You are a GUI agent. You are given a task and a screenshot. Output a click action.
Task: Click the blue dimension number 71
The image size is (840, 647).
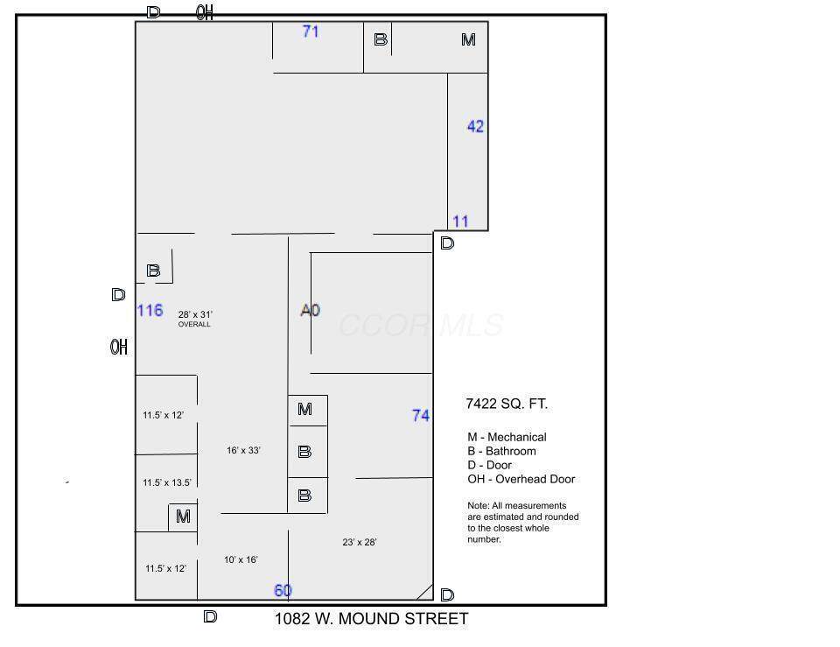click(x=311, y=32)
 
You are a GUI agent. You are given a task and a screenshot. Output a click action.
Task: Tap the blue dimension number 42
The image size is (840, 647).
click(x=475, y=126)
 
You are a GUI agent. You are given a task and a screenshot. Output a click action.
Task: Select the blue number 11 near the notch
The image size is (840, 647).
click(x=460, y=222)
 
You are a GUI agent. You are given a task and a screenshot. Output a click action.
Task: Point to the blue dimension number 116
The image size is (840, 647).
click(x=150, y=310)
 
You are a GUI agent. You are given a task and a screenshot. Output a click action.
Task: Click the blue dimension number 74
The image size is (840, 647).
click(x=421, y=416)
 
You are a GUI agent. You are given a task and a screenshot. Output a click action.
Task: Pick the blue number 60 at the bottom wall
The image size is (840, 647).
click(x=283, y=590)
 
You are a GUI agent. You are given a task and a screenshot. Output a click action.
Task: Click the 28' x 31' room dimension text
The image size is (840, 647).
click(x=195, y=314)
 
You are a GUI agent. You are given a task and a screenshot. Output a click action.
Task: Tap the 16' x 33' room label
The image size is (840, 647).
click(x=243, y=450)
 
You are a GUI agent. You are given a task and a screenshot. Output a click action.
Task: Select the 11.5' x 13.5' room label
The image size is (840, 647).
click(x=166, y=482)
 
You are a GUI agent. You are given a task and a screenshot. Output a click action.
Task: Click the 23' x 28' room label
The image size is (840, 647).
click(x=360, y=542)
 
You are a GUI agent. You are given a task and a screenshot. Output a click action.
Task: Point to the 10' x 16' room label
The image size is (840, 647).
click(x=241, y=559)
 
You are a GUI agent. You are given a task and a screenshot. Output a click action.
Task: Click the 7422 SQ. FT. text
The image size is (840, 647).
click(x=507, y=404)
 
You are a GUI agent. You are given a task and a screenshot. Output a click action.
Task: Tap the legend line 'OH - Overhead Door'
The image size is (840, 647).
click(x=521, y=479)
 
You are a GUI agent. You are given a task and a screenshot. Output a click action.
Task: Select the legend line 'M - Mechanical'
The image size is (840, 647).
click(x=507, y=437)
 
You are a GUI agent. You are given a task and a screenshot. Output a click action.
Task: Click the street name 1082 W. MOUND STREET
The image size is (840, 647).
click(x=371, y=619)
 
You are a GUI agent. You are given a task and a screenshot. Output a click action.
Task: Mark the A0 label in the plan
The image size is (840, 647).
click(x=310, y=310)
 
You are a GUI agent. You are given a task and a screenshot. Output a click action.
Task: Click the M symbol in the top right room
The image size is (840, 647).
click(x=468, y=39)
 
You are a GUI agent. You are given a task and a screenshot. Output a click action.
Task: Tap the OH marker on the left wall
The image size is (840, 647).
click(x=119, y=347)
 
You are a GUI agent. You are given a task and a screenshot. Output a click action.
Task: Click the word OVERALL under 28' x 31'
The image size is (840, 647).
click(x=194, y=324)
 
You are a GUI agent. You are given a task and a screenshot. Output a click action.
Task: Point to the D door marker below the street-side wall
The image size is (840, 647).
click(x=210, y=617)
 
